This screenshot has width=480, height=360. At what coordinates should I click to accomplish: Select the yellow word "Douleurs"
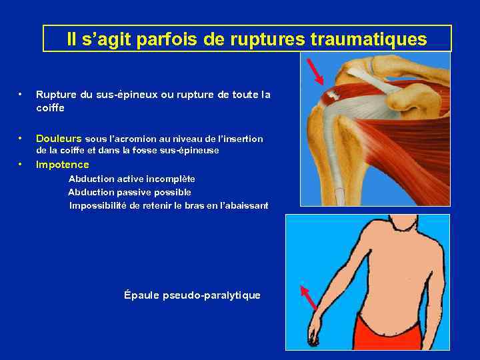pos(59,139)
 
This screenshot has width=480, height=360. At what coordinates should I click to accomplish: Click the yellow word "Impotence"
pos(62,165)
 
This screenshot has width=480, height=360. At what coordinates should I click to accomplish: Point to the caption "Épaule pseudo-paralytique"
pos(192,295)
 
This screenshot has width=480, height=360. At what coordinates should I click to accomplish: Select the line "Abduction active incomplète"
pos(132,179)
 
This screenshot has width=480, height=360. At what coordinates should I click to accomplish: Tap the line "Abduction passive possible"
pos(129,192)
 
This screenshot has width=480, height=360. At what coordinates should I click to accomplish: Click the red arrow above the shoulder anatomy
pos(314,71)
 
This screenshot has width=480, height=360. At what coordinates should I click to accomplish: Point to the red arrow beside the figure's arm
pos(307,298)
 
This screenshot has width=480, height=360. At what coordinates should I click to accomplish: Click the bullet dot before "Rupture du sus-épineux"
pos(22,95)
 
